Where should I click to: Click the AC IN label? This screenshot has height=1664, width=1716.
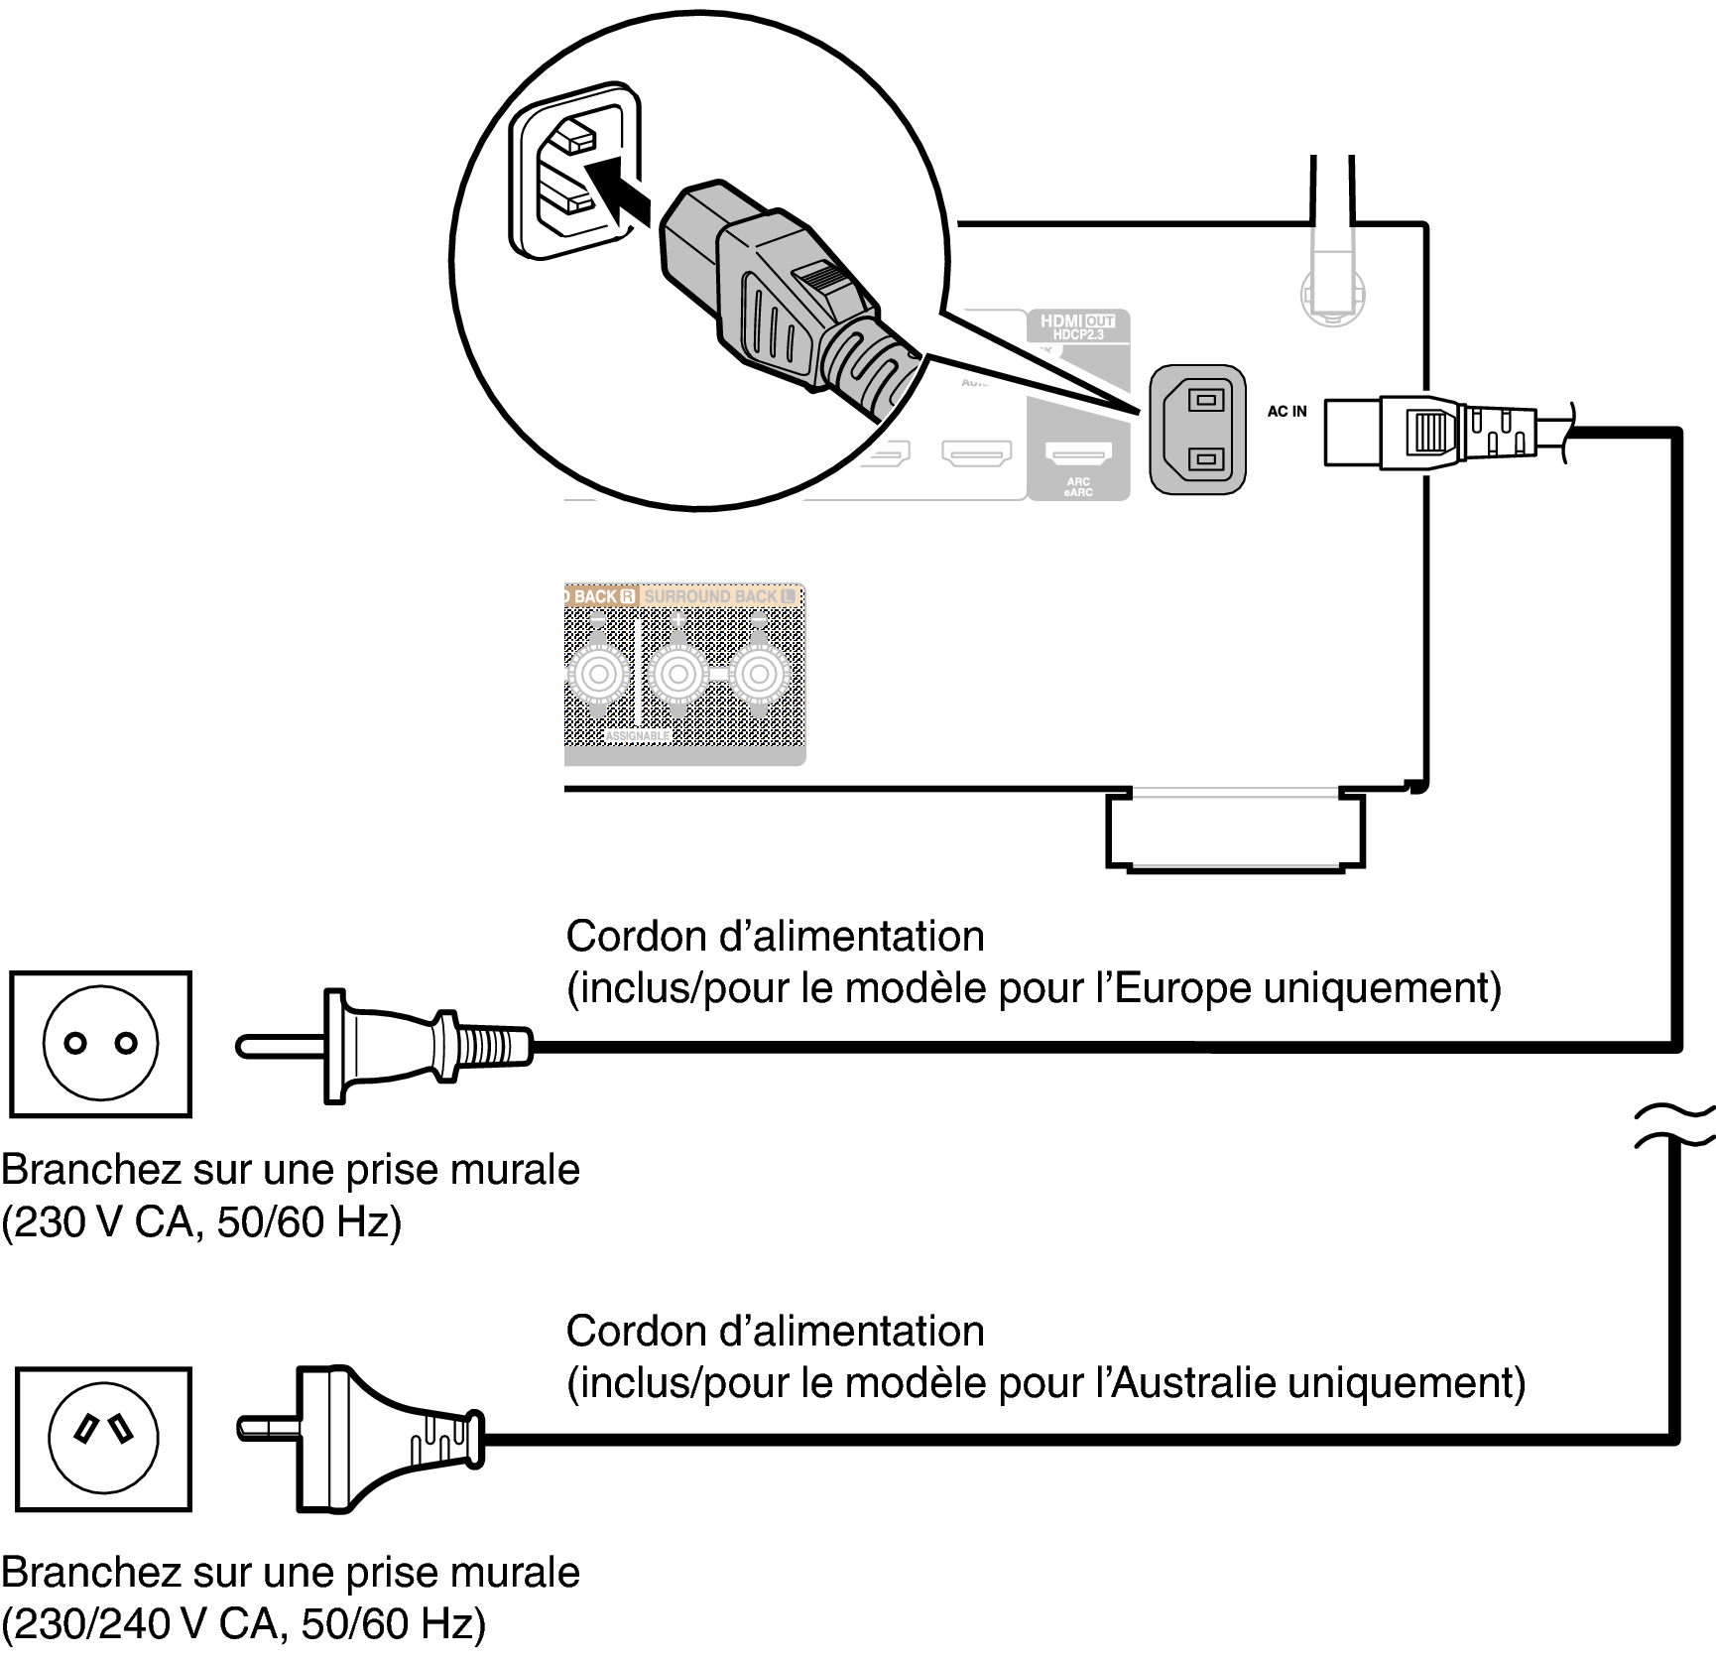click(1287, 412)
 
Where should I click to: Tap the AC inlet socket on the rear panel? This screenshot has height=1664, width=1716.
click(1197, 430)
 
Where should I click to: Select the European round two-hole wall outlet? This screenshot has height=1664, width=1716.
click(100, 1044)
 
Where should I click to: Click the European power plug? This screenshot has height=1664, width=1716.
click(397, 1045)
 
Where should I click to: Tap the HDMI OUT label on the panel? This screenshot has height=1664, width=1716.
click(1077, 322)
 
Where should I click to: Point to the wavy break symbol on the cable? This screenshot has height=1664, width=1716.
click(1674, 1125)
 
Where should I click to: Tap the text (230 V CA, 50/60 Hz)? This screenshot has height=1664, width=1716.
click(201, 1221)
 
